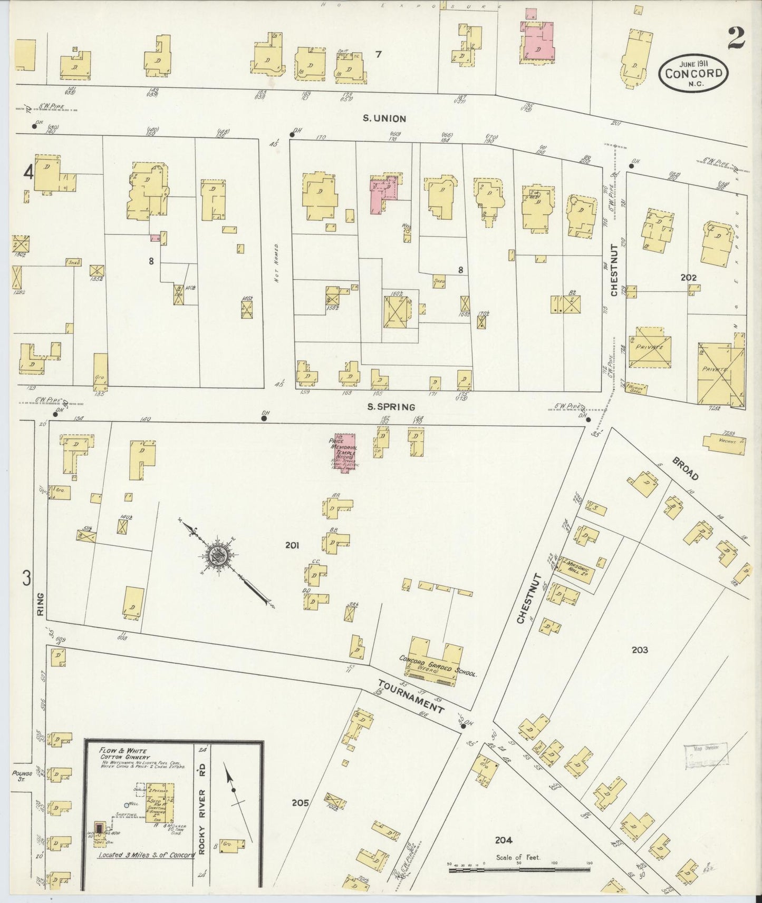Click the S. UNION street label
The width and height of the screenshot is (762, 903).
[x=383, y=119]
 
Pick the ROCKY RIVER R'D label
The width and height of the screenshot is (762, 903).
[x=202, y=807]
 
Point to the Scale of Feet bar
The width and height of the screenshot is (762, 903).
[x=519, y=870]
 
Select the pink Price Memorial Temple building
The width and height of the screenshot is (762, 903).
[x=346, y=452]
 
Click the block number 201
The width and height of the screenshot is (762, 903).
[x=293, y=546]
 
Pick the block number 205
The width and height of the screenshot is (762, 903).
[x=300, y=803]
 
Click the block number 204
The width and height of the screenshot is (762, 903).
[x=504, y=840]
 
